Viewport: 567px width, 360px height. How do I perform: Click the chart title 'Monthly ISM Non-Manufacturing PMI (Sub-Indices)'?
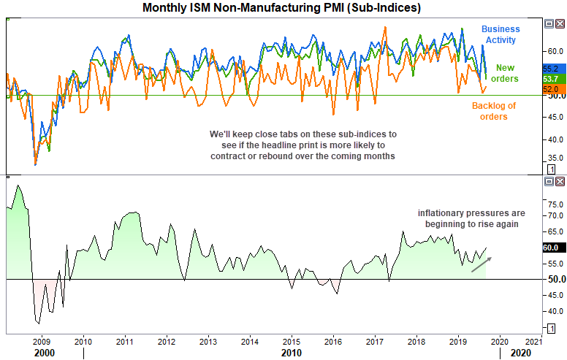coord(281,7)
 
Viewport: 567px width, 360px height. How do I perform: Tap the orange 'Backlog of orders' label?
coord(493,111)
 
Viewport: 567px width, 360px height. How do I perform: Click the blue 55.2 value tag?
coord(551,68)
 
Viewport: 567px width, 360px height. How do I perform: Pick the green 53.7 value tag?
coord(551,78)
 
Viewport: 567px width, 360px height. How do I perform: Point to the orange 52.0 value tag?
coord(551,88)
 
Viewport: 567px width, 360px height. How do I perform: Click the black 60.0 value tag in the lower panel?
coord(551,248)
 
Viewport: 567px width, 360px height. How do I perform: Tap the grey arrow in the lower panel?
coord(480,264)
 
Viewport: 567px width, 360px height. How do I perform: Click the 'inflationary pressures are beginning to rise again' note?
coord(467,218)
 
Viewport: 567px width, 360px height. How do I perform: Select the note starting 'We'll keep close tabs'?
coord(302,145)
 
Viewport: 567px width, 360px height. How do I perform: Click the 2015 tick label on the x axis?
coord(292,341)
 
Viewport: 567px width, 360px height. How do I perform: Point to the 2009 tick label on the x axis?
coord(42,341)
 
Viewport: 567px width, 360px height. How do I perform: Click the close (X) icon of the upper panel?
coord(560,23)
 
